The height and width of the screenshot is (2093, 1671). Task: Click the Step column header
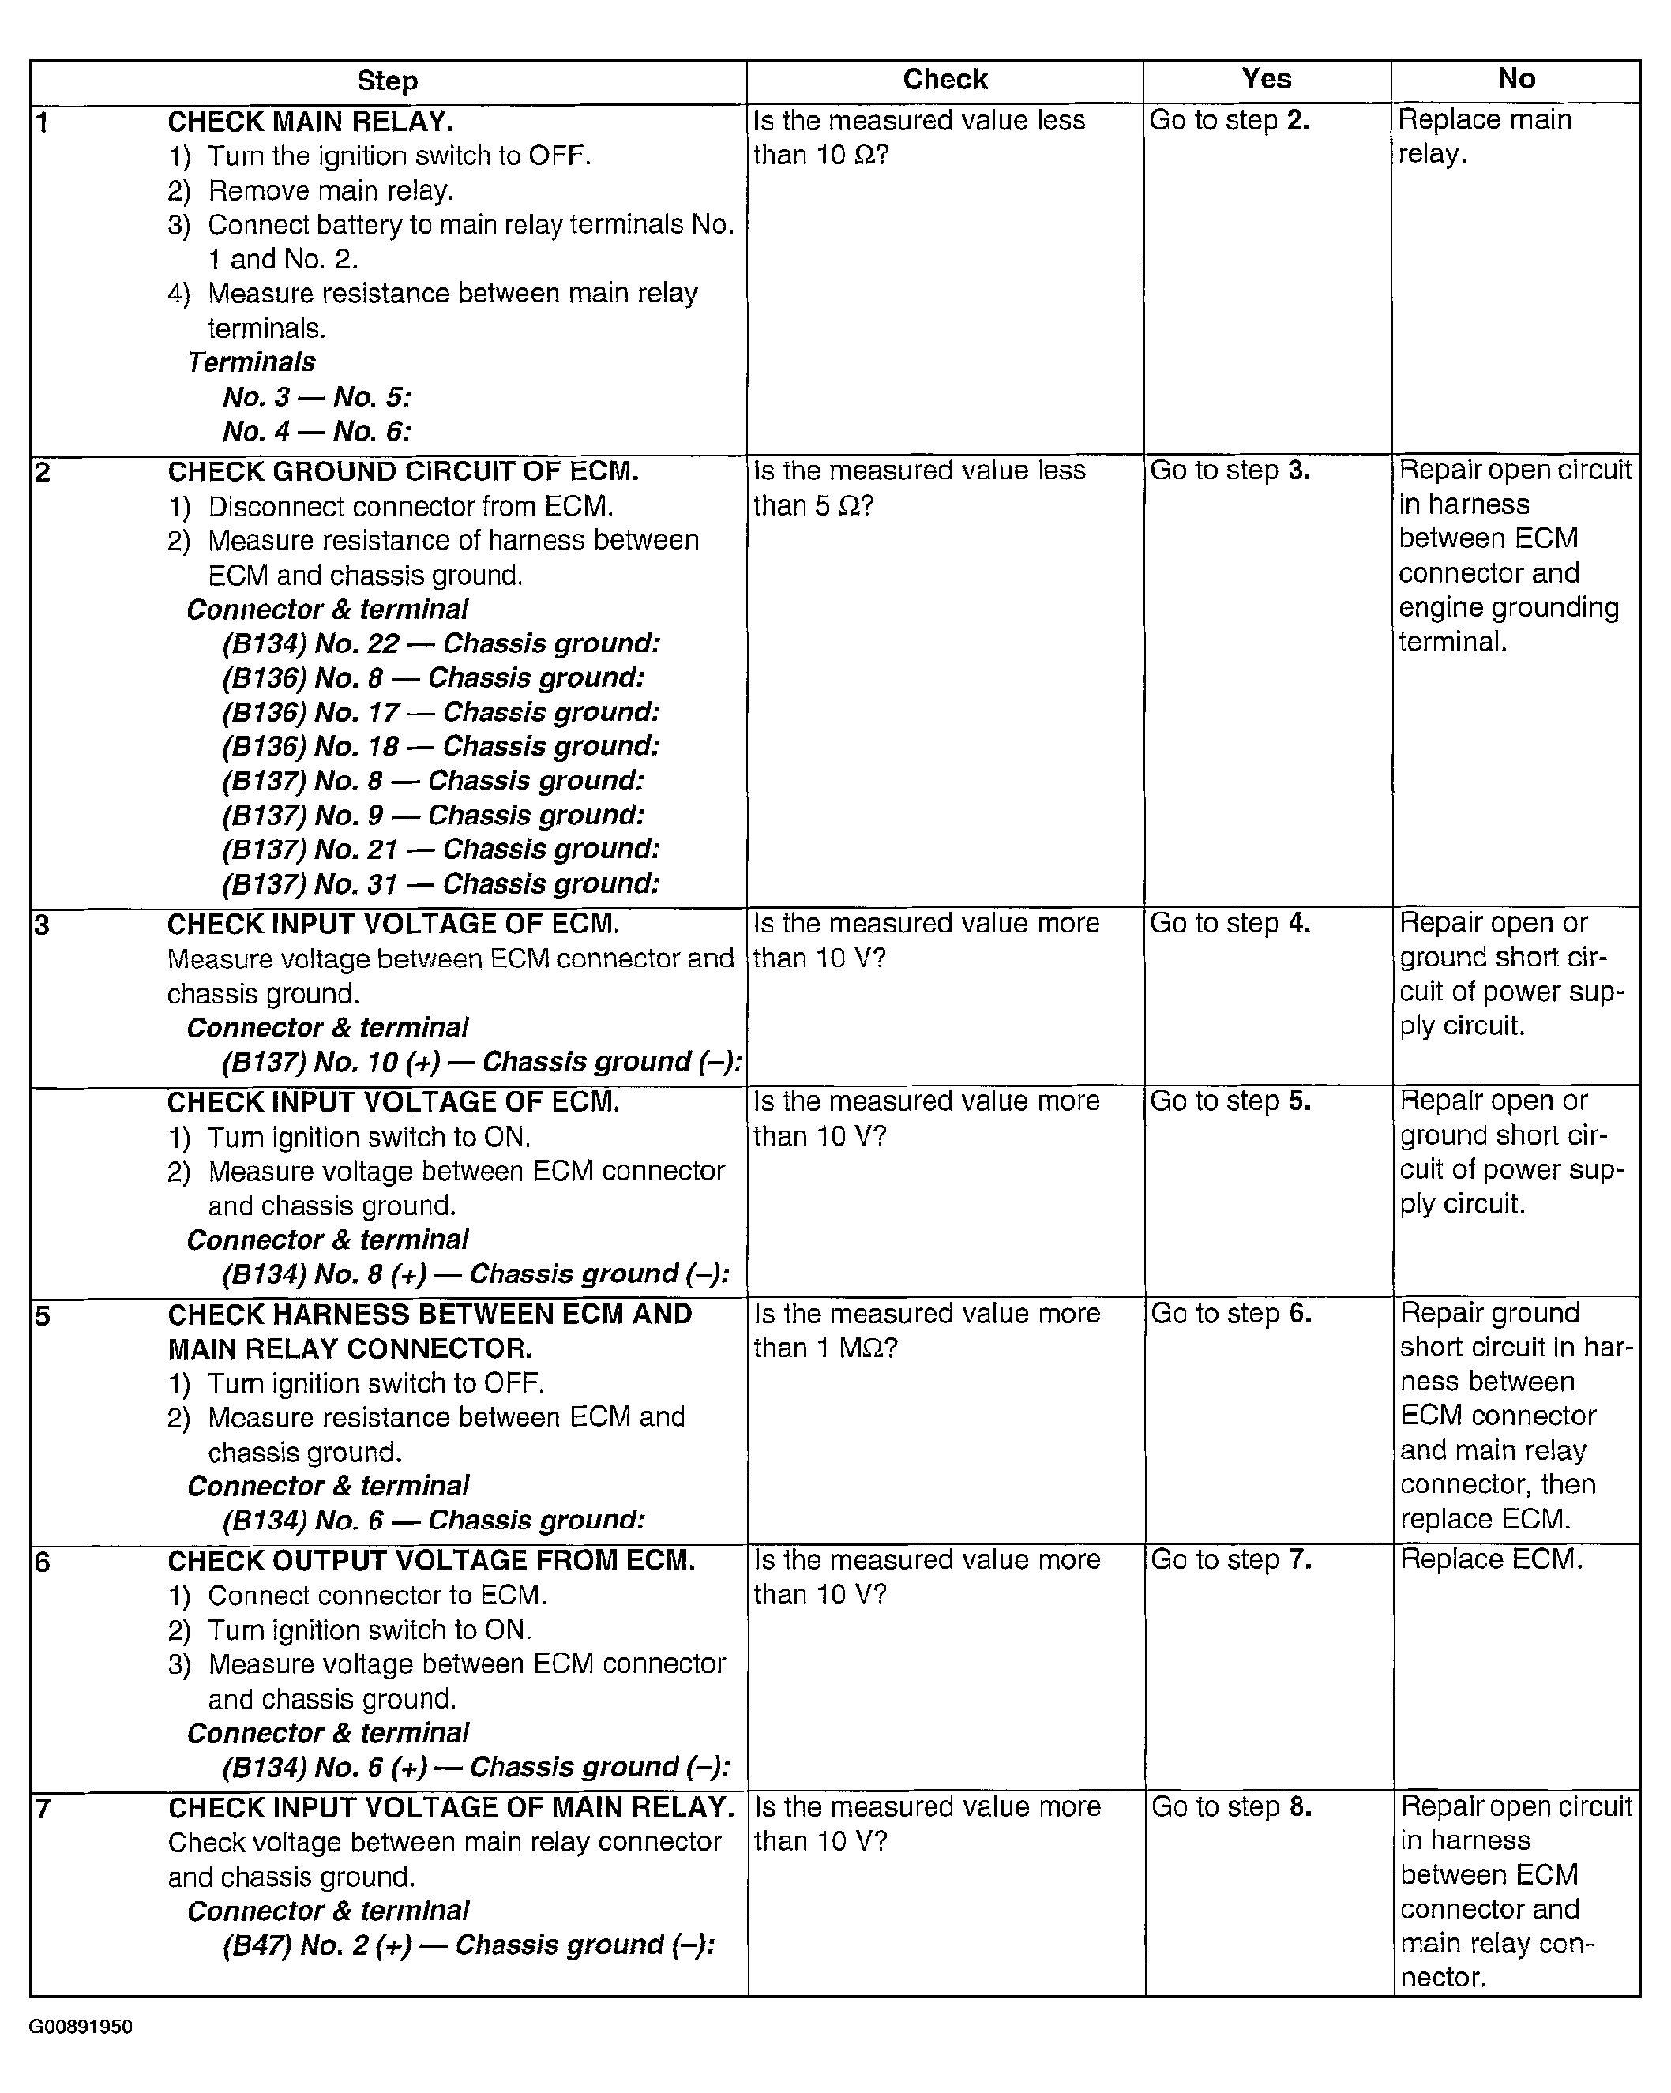[388, 81]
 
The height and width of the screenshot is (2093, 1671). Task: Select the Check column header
[944, 80]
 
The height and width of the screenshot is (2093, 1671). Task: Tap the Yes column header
[1266, 79]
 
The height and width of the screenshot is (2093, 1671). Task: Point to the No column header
[1515, 79]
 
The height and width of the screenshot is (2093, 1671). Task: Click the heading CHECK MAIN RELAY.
[310, 122]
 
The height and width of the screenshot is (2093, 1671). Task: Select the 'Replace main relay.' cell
[1484, 136]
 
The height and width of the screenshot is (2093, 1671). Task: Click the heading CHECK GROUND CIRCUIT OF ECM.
[403, 472]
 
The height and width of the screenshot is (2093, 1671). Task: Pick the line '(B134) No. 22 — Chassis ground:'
[441, 643]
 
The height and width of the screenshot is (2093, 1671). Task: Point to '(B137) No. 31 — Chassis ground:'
[441, 883]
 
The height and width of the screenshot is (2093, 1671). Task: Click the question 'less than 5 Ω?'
[918, 488]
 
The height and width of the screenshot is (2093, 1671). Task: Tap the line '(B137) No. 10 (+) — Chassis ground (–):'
[482, 1062]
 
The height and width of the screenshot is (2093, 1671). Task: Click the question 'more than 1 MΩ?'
[926, 1331]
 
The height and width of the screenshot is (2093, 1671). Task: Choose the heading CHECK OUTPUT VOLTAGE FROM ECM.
[431, 1561]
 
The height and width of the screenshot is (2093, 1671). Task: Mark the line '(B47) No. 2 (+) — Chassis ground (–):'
[468, 1945]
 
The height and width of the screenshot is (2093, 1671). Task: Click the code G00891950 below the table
[81, 2027]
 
